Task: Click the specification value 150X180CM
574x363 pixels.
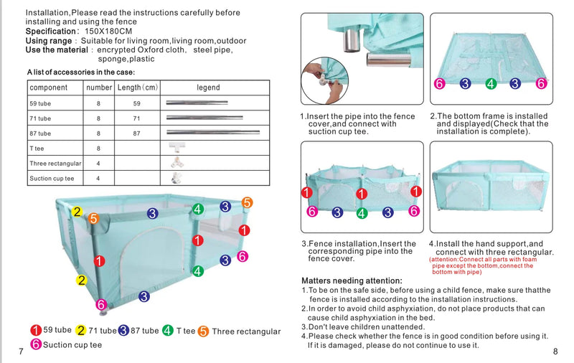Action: pos(108,32)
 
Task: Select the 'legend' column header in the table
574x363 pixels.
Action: pos(208,88)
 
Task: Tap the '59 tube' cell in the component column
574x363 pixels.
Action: pos(40,103)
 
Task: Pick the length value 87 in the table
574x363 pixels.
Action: pos(137,133)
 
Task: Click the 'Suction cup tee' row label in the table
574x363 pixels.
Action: pos(51,179)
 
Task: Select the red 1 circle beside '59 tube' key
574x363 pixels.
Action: pos(35,331)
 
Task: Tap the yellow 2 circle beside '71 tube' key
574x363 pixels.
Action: pos(80,331)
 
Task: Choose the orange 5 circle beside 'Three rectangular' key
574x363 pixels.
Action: pos(203,331)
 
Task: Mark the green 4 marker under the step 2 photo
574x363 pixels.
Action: pos(491,84)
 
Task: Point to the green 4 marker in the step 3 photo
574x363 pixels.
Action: pos(362,212)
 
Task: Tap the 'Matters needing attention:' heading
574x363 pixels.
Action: pos(352,280)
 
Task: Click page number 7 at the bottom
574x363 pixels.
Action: pos(22,351)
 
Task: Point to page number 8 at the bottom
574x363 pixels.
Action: pos(555,351)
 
